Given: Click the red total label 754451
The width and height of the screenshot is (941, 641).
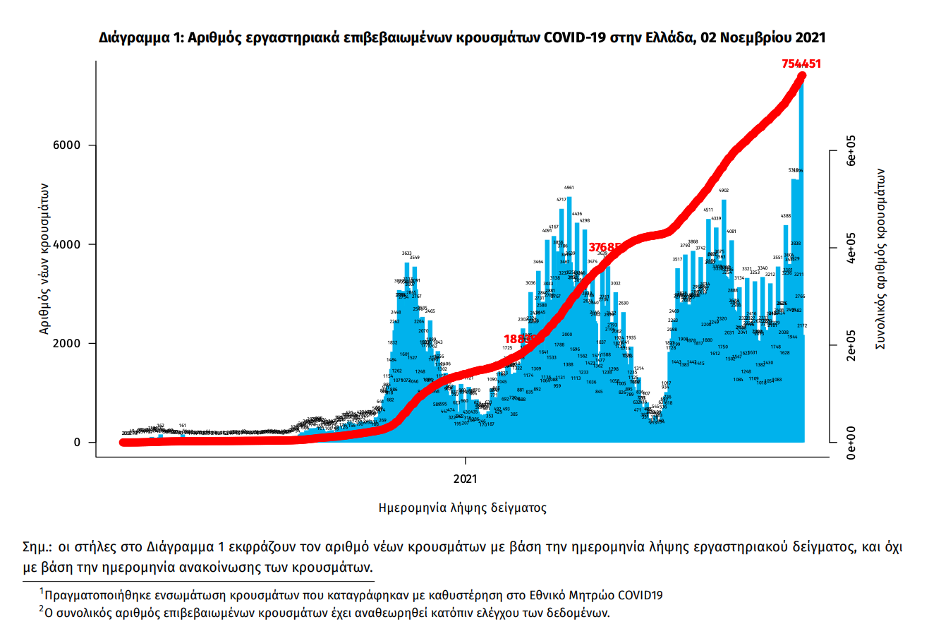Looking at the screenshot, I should pos(801,64).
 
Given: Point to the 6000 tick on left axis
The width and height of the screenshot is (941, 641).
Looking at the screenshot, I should pos(68,145).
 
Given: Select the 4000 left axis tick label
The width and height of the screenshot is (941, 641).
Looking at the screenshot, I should pos(68,244).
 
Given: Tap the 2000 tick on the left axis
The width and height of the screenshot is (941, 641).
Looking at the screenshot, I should pos(68,344).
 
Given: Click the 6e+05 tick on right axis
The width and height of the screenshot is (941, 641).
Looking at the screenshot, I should pos(851,150).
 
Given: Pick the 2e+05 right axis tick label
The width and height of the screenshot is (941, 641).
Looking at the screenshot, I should pos(851,345).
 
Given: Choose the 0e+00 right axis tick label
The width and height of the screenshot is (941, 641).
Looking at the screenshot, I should pos(851,443).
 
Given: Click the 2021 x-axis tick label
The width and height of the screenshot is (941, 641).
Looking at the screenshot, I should pos(466,479).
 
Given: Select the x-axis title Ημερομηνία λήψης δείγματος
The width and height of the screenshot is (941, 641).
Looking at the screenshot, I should pos(462,508).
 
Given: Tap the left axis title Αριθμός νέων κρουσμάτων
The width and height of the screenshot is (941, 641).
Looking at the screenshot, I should pos(44,258).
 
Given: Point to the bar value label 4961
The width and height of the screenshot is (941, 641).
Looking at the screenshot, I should pos(569,188).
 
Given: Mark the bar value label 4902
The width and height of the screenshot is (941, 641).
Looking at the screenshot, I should pos(724,191).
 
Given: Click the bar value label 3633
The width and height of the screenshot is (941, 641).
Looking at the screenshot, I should pos(407,253).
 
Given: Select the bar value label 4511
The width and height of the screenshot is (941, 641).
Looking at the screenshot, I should pos(708,210).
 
